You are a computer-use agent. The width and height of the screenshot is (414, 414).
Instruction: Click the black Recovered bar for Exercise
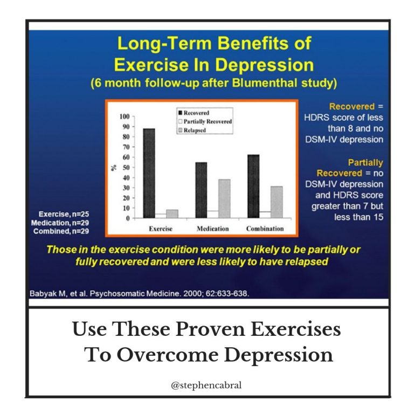click(x=149, y=173)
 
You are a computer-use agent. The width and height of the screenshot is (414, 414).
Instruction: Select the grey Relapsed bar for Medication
click(x=224, y=199)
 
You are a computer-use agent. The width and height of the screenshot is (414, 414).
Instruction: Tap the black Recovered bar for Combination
click(x=253, y=187)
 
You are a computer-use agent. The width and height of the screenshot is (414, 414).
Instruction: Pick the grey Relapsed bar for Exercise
click(x=172, y=214)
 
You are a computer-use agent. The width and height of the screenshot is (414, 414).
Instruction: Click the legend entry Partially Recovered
click(x=205, y=121)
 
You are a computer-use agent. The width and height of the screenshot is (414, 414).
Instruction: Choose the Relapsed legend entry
click(x=192, y=130)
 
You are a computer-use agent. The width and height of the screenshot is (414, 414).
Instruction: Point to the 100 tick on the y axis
click(x=125, y=116)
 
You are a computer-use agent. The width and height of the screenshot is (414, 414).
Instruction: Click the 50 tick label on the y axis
click(x=126, y=168)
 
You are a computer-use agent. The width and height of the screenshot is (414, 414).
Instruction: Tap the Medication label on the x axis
click(x=213, y=229)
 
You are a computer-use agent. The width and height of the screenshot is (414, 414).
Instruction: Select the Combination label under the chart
click(x=265, y=229)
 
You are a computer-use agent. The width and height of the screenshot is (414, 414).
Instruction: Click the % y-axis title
click(x=114, y=168)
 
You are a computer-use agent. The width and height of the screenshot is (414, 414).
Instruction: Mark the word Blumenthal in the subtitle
click(x=265, y=83)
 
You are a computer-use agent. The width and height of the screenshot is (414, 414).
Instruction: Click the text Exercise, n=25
click(x=64, y=214)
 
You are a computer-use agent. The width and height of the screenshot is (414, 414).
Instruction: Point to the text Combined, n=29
click(x=61, y=231)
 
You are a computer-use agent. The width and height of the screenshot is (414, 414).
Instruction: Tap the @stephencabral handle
click(x=206, y=385)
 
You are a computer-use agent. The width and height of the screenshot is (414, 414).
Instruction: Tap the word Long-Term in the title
click(x=165, y=44)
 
